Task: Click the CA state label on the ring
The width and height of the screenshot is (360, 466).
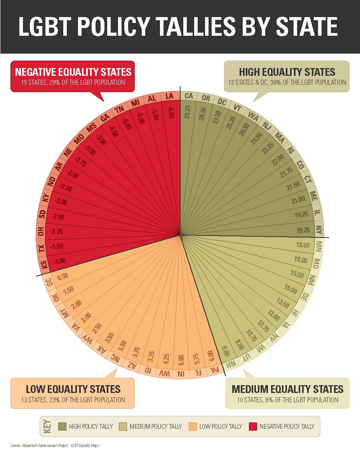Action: [189, 96]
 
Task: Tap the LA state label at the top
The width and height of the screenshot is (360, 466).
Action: [169, 96]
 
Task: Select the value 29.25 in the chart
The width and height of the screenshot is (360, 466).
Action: [188, 111]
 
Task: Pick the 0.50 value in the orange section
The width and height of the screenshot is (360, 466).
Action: [62, 277]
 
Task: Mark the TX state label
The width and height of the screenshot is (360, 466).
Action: [42, 248]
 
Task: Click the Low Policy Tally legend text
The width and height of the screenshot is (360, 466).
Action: [220, 426]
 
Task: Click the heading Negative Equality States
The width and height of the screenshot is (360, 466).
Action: [73, 72]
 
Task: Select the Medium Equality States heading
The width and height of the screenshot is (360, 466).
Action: [287, 389]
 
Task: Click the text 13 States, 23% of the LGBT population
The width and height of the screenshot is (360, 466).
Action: [73, 400]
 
